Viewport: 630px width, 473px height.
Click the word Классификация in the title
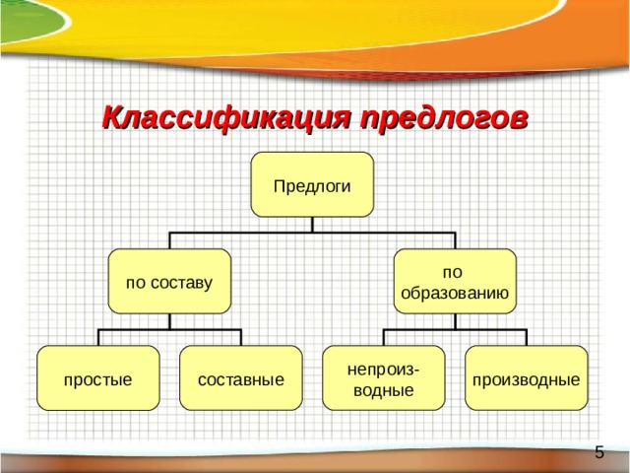226,118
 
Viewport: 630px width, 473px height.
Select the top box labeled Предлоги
312,184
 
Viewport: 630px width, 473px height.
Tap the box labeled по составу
169,281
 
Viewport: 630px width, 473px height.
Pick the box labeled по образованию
455,281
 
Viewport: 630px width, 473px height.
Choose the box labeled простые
98,377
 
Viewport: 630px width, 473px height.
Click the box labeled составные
240,377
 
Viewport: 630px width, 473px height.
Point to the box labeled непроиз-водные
384,377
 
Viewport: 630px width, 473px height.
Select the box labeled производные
527,377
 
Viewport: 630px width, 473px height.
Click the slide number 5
599,452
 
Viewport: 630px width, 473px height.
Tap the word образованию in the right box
455,294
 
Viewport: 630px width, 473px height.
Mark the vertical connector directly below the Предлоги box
312,225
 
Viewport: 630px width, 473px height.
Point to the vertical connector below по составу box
169,321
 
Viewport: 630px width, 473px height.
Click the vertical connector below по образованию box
455,321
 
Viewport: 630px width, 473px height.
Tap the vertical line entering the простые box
98,337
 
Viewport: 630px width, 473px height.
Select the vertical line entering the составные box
241,337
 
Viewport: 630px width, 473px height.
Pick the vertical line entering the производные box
527,337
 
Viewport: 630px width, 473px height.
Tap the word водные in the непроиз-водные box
384,390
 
